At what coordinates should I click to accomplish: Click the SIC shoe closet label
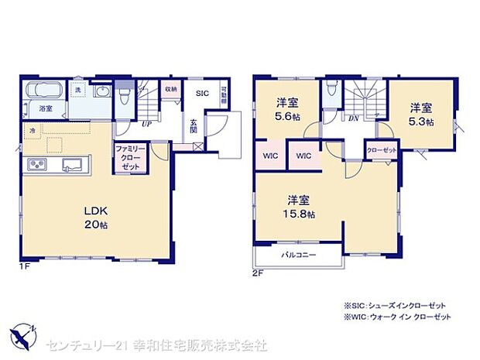[201, 94]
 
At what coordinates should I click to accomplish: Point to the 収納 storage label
[170, 90]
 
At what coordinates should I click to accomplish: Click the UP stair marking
[146, 122]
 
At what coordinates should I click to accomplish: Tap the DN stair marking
[352, 118]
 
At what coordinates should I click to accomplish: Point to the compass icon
[22, 337]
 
